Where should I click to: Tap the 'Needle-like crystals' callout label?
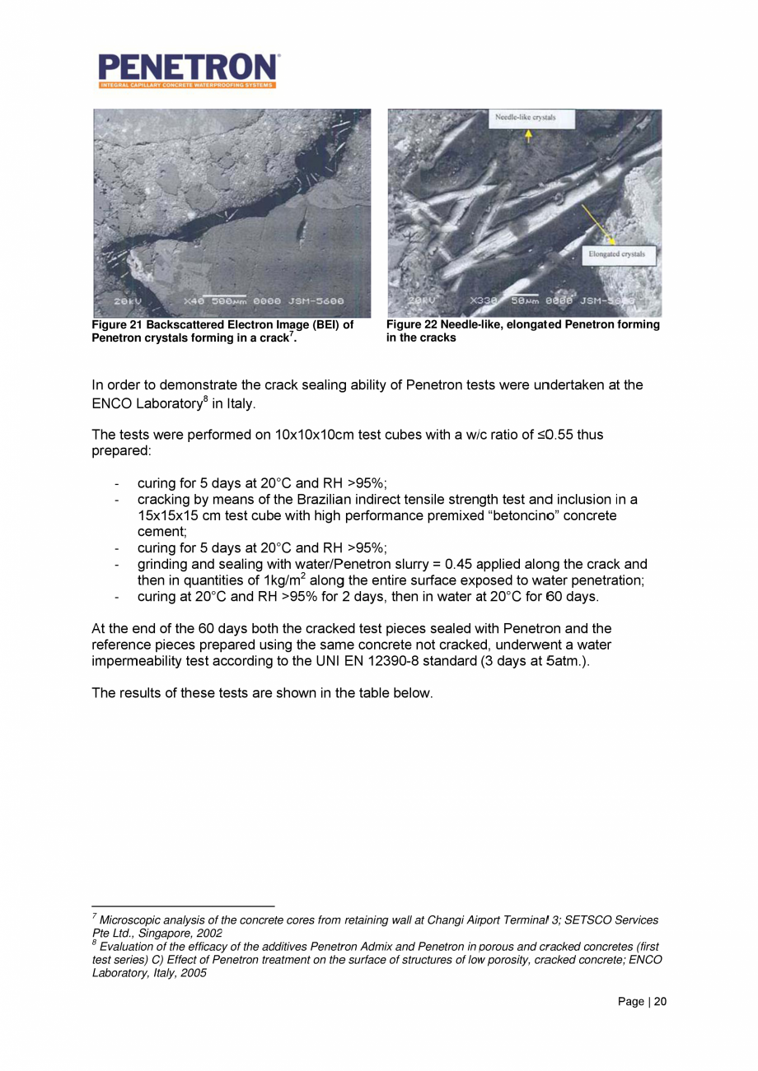click(525, 118)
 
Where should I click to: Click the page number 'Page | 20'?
click(643, 1002)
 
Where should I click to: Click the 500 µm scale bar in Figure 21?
click(224, 296)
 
